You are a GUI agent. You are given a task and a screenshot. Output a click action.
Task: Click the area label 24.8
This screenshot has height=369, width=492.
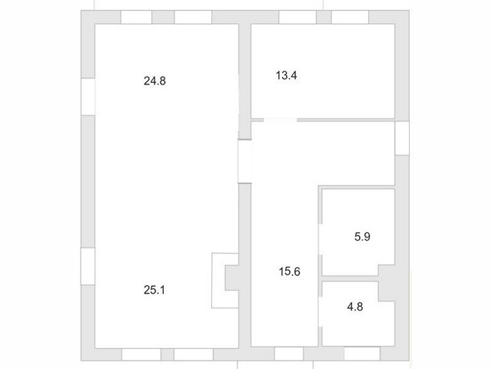point(155,81)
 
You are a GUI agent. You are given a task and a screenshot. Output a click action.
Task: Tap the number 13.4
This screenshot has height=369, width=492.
point(286,75)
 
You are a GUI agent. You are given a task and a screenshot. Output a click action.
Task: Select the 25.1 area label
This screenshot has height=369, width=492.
point(155,290)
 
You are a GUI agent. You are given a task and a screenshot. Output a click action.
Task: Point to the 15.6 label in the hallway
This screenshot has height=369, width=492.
point(289,271)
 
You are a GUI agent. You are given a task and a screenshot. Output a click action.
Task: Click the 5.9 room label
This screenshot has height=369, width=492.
point(362,237)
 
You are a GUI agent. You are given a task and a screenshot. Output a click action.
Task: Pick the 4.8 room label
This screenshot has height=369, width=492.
point(355,307)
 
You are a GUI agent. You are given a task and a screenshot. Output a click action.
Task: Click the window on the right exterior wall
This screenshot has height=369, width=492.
point(402,138)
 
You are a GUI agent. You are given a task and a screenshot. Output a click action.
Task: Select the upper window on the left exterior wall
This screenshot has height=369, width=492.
point(88,97)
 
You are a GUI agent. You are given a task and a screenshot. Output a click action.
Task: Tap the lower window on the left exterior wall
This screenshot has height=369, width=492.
point(88,267)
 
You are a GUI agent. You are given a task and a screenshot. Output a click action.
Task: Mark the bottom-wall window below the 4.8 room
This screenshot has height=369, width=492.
point(362,354)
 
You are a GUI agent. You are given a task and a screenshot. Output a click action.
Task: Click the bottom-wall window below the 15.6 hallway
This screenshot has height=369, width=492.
point(289,354)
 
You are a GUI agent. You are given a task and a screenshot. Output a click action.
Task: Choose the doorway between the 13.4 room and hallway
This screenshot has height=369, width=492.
point(280,120)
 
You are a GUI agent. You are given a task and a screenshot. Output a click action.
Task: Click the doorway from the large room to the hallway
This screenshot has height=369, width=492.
point(244,161)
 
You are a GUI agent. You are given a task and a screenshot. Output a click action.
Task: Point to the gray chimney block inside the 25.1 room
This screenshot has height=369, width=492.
point(232,278)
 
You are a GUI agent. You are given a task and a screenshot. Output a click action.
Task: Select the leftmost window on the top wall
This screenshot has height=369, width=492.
point(136,17)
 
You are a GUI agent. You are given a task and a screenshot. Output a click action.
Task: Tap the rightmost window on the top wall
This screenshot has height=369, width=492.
point(350,17)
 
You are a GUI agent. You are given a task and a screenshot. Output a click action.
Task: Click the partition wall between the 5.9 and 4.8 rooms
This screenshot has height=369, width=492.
point(350,278)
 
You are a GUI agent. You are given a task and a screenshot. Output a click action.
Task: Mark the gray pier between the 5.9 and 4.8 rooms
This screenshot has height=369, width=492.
point(386,283)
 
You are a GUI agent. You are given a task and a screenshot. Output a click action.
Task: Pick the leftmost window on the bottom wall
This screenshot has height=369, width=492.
point(141,354)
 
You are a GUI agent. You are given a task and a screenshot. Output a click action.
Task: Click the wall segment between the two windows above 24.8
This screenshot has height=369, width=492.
point(163,17)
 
